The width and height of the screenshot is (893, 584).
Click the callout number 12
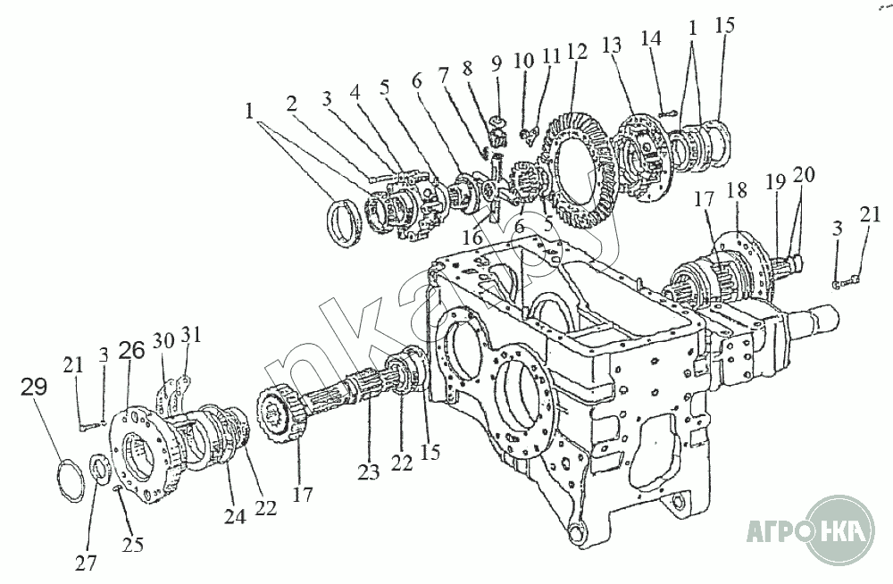click(576, 52)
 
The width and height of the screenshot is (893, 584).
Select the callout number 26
click(131, 350)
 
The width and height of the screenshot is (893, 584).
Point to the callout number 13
click(612, 46)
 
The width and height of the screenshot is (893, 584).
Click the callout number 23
click(369, 471)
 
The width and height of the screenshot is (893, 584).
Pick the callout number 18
click(737, 190)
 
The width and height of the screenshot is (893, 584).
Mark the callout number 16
click(472, 237)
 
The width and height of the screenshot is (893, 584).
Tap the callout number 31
click(191, 335)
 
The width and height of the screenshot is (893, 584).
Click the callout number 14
click(651, 38)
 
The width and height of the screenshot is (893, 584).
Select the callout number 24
click(235, 516)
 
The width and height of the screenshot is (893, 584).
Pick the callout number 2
click(292, 104)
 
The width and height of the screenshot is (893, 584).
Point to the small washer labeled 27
click(100, 467)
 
